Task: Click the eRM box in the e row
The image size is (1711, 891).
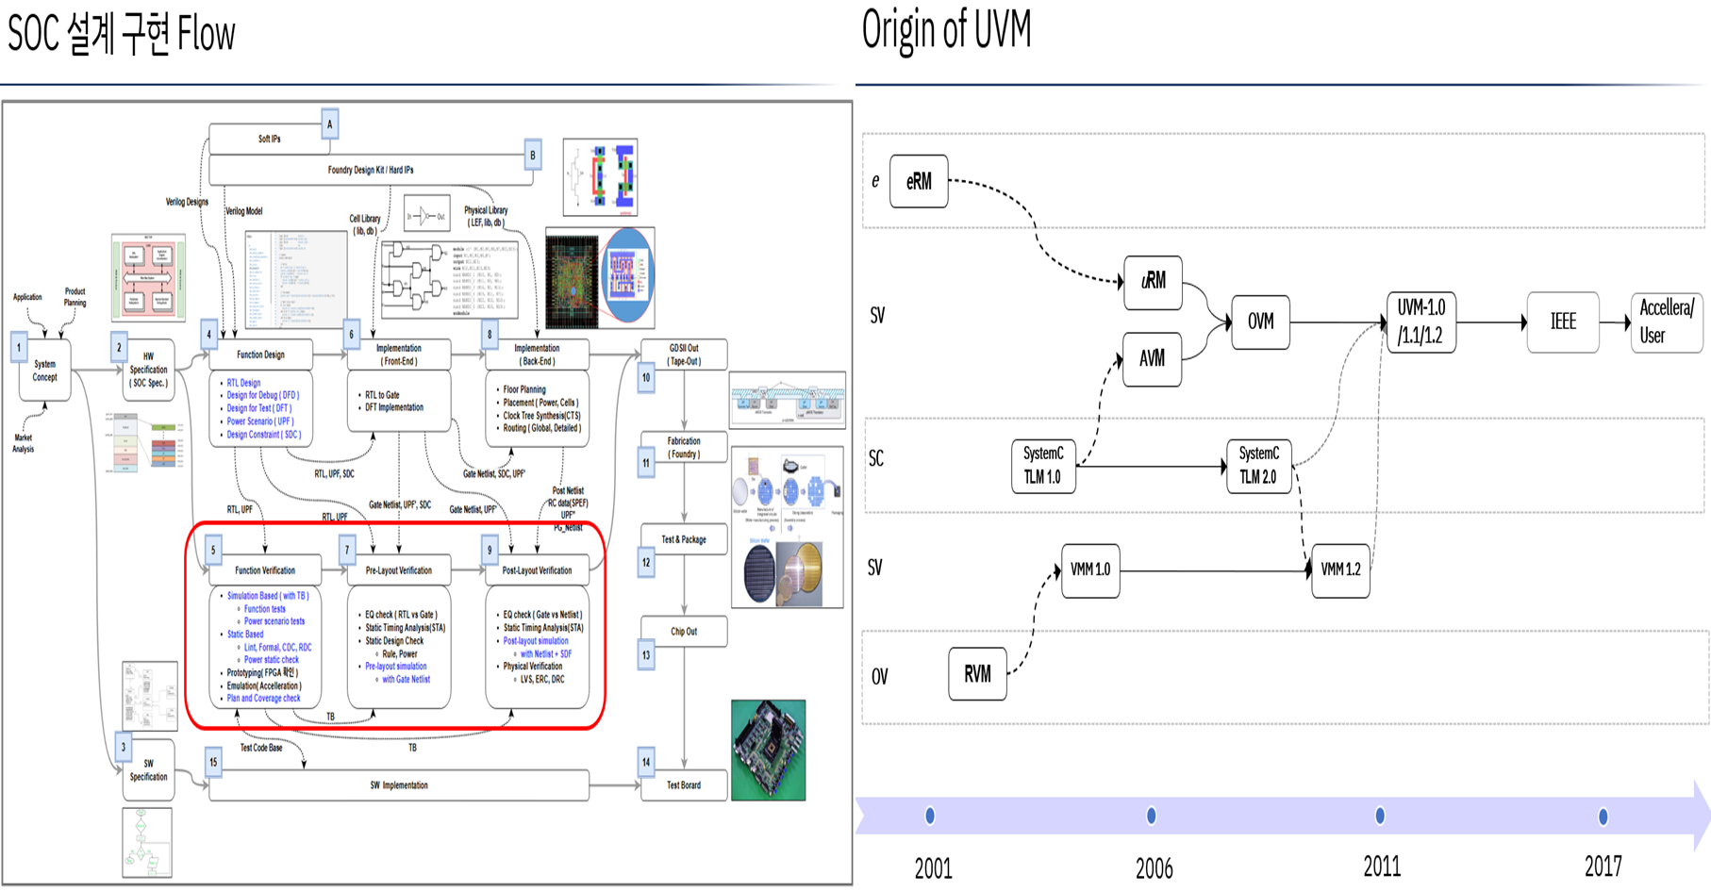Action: click(x=919, y=181)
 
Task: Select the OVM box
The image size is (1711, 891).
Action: click(x=1260, y=322)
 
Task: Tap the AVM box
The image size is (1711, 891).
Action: click(x=1152, y=359)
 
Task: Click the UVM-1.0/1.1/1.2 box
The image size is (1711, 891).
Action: click(x=1420, y=322)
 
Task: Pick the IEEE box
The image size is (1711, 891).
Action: click(x=1562, y=322)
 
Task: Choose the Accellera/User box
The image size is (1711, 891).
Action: click(x=1666, y=322)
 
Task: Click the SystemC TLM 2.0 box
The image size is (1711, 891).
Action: click(x=1258, y=465)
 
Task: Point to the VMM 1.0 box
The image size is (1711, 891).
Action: click(x=1090, y=570)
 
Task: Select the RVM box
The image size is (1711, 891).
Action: click(x=977, y=674)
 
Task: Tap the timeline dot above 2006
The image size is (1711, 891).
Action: click(x=1151, y=816)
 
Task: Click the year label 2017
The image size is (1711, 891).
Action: click(x=1603, y=866)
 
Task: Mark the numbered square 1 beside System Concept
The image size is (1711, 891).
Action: click(x=19, y=347)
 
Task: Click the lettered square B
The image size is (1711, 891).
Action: click(x=533, y=155)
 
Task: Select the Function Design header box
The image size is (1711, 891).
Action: click(x=260, y=355)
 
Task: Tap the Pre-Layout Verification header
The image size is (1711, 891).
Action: click(x=399, y=570)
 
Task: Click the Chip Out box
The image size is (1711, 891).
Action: click(x=684, y=632)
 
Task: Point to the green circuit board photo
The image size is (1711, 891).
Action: click(x=768, y=750)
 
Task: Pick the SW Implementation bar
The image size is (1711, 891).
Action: click(x=398, y=785)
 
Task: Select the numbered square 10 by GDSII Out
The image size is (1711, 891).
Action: click(x=646, y=378)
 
